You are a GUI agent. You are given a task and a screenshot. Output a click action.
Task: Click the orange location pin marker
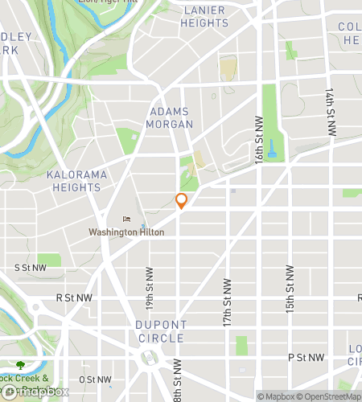tap(182, 201)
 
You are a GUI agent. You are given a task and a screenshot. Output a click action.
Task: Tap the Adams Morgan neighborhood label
tap(170, 118)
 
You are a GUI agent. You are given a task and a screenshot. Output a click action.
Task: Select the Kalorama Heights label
tap(73, 181)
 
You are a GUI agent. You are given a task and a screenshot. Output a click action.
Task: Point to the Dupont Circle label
tap(162, 331)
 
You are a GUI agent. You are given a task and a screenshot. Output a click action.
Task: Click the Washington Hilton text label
tap(126, 232)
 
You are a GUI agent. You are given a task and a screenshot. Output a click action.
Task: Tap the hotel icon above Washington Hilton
tap(125, 219)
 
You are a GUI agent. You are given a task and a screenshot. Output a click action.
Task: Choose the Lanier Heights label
tap(205, 16)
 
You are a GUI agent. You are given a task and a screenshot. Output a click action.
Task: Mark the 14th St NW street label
tap(330, 111)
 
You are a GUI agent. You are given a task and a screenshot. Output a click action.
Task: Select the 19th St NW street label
tap(150, 285)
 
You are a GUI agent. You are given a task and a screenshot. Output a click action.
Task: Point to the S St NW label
tap(31, 268)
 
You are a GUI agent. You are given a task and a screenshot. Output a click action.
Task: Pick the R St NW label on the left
tap(74, 297)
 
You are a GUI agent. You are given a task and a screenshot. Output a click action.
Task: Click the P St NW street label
tap(306, 357)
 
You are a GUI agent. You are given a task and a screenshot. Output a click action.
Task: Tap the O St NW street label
tap(95, 379)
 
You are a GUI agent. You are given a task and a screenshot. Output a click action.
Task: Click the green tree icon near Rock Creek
tap(20, 366)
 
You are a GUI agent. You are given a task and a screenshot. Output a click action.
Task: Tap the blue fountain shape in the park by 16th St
tap(273, 146)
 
